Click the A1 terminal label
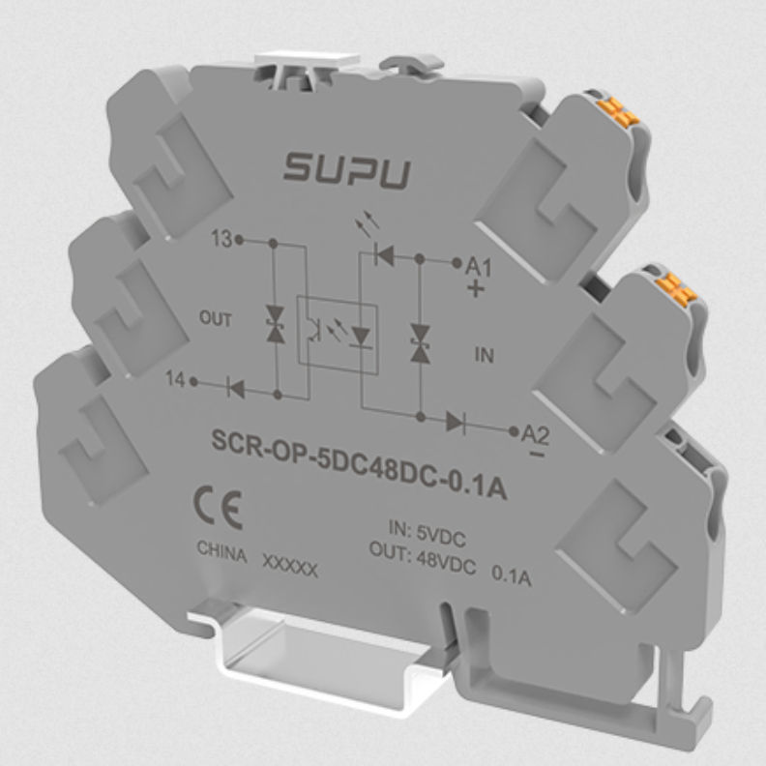pyautogui.click(x=479, y=268)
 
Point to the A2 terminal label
pyautogui.click(x=534, y=434)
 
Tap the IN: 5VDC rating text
pyautogui.click(x=429, y=530)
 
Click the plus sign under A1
pyautogui.click(x=473, y=289)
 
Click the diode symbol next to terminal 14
pyautogui.click(x=233, y=389)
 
